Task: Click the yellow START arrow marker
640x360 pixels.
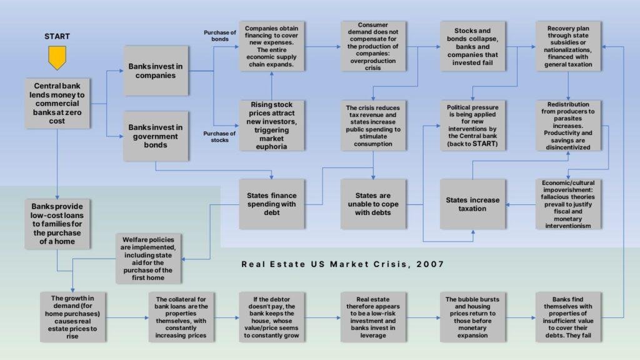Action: pos(57,57)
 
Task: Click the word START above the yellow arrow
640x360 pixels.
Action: pos(57,36)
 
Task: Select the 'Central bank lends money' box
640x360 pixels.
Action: pos(57,103)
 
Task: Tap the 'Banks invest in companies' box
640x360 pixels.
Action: pos(156,71)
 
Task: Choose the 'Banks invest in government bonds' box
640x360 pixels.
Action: pos(156,136)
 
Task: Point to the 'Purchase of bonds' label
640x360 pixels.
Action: pos(219,36)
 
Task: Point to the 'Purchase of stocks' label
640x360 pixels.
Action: pos(219,137)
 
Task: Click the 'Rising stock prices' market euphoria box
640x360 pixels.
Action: pos(271,126)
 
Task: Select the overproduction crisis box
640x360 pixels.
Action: pos(373,46)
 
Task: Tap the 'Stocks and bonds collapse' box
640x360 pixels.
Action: pos(472,46)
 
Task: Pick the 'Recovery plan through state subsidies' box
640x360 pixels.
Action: pos(568,46)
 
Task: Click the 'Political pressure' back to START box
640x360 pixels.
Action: pos(472,126)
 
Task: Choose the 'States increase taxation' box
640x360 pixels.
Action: pos(472,204)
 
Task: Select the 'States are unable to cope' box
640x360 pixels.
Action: pos(373,204)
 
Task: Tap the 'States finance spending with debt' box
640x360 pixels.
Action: pos(271,204)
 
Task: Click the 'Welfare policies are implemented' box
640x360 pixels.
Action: pos(148,258)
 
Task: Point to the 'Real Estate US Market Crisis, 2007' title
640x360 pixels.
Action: pos(343,264)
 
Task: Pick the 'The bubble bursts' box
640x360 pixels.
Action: pos(472,317)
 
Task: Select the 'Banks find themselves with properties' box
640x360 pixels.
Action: pos(568,317)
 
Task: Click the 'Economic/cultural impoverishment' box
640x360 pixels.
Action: pos(568,204)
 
